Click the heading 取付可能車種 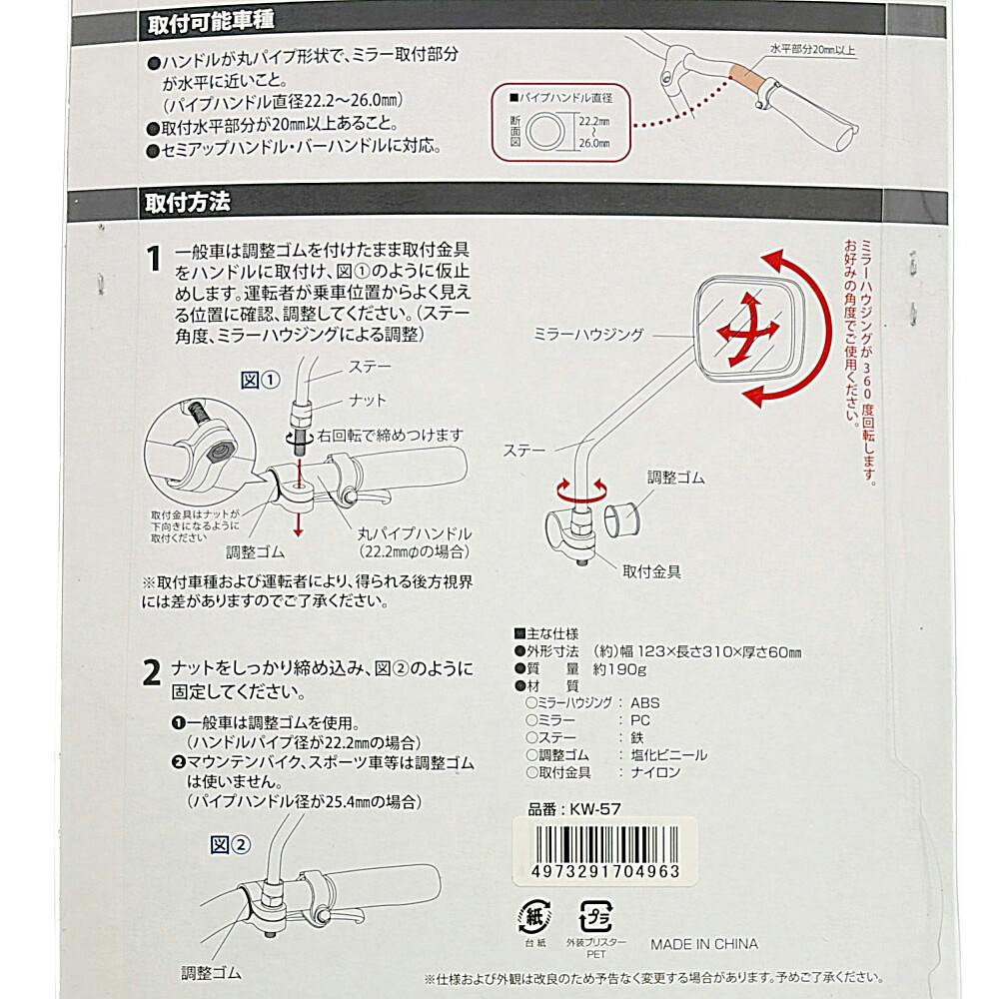coord(211,22)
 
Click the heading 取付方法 coord(188,203)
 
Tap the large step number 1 coord(153,259)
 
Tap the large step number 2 coord(151,672)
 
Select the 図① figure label coord(260,381)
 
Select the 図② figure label coord(230,845)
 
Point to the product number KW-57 coord(574,809)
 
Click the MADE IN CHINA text coord(704,944)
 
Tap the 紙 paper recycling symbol coord(535,916)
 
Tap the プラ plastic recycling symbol coord(595,916)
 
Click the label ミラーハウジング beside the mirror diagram coord(588,335)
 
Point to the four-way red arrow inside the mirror coord(746,330)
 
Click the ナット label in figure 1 coord(368,401)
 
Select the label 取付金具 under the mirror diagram coord(651,571)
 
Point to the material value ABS coord(644,702)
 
